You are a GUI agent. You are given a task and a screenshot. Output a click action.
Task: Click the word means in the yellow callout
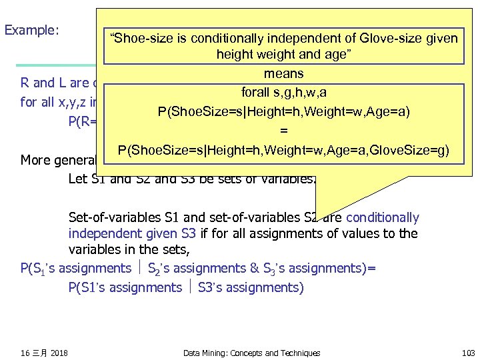283,73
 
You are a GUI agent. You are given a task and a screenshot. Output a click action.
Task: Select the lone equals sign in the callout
283,131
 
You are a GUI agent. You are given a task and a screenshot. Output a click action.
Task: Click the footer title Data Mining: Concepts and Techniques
251,353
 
